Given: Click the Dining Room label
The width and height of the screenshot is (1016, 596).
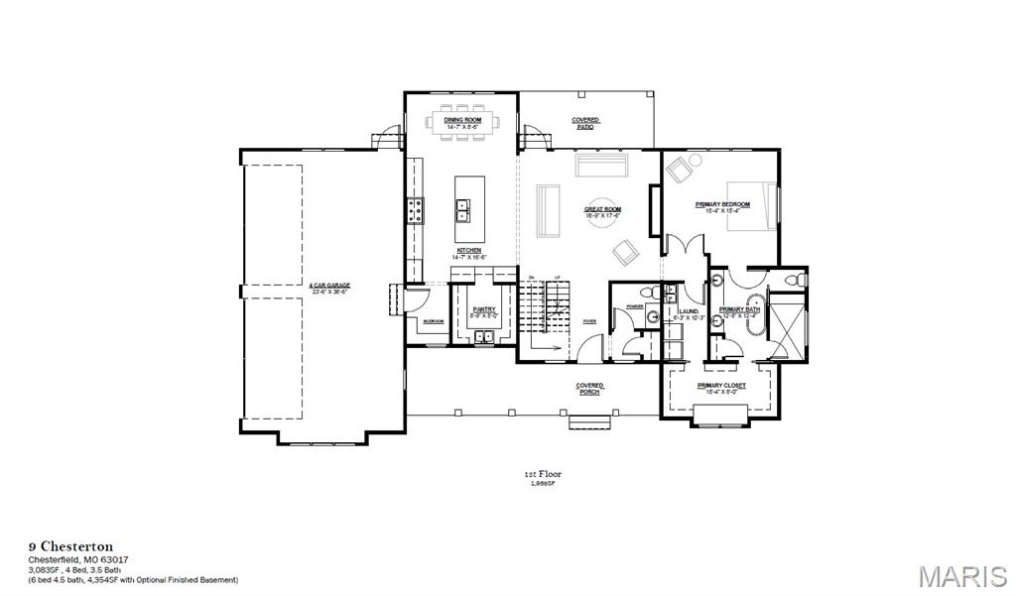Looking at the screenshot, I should pos(462,120).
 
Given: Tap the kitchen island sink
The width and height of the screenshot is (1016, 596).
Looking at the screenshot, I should pos(462,208).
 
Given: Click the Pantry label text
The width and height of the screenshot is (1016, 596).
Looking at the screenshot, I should pos(484,309).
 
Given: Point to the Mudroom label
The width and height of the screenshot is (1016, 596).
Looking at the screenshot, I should pos(433,321).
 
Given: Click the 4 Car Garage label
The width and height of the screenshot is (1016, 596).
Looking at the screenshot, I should pos(329,285).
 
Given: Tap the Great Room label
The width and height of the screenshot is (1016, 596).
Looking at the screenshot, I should pos(602,209).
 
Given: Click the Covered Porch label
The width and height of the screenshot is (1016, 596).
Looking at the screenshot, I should pos(589,388).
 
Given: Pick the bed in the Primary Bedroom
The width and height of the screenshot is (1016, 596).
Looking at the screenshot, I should pos(752,205).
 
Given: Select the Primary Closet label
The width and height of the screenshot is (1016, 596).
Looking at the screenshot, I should pos(721,385).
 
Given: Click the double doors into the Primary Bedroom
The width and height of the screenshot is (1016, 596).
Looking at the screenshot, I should pos(685,245).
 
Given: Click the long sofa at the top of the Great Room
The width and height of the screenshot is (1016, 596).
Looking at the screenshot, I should pos(602,164).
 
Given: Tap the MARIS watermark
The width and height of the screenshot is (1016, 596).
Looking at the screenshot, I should pos(961,574).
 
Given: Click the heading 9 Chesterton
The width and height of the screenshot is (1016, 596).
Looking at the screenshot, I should pos(69,546).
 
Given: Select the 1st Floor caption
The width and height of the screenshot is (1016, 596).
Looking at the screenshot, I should pos(543,474).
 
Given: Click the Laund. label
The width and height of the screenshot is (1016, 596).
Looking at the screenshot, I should pos(689,311).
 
